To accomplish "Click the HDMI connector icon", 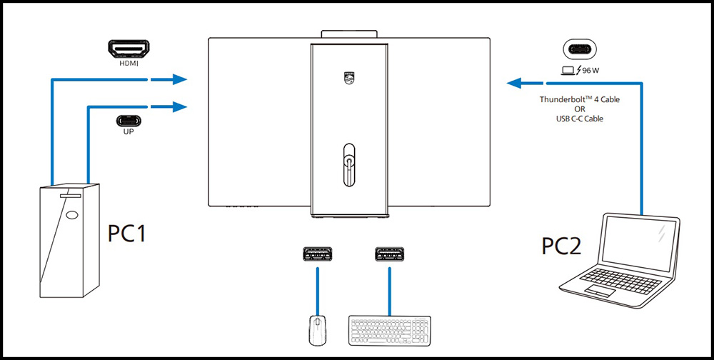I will click(x=129, y=49).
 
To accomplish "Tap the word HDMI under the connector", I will click(x=129, y=63).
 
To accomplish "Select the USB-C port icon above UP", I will click(x=129, y=120).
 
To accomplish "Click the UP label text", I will click(x=129, y=133).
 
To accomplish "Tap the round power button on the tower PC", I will click(x=71, y=214).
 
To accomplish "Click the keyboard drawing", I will click(x=389, y=329).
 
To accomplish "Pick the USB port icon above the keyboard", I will click(x=388, y=254).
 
